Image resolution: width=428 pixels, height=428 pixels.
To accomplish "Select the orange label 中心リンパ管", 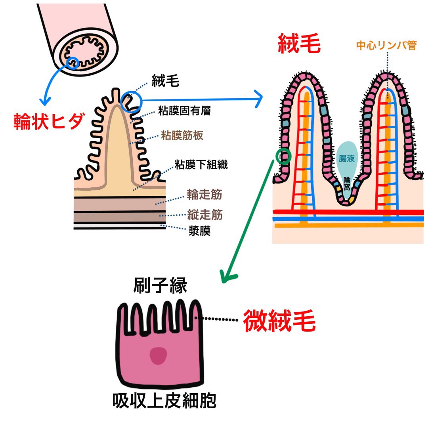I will [x=386, y=46].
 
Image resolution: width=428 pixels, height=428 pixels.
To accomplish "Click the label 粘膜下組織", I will [x=201, y=165].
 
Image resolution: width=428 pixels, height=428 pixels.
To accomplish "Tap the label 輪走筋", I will [x=204, y=195].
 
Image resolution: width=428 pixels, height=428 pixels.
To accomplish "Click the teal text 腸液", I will [x=346, y=159].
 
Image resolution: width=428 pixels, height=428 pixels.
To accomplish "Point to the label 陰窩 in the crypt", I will [x=347, y=183].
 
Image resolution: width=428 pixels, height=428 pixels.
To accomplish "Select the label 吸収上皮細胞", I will [x=164, y=401].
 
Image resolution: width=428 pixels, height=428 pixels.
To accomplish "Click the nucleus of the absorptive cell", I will [x=159, y=355].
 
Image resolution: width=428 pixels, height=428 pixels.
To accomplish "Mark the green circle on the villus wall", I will [x=283, y=157].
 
